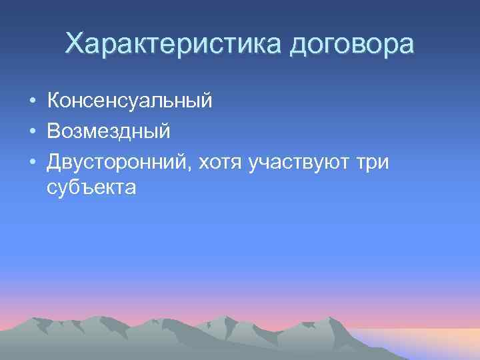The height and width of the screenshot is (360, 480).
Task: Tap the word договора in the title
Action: pos(352,45)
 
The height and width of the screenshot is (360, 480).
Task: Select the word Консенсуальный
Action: pos(130,101)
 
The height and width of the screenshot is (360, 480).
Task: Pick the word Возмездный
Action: pos(109,131)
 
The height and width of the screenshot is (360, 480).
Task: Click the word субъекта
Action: pos(91,188)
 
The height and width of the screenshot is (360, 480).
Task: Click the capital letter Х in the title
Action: pos(75,44)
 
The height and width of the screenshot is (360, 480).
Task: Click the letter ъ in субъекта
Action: pos(87,188)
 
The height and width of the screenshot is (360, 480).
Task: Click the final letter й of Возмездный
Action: pos(164,130)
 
